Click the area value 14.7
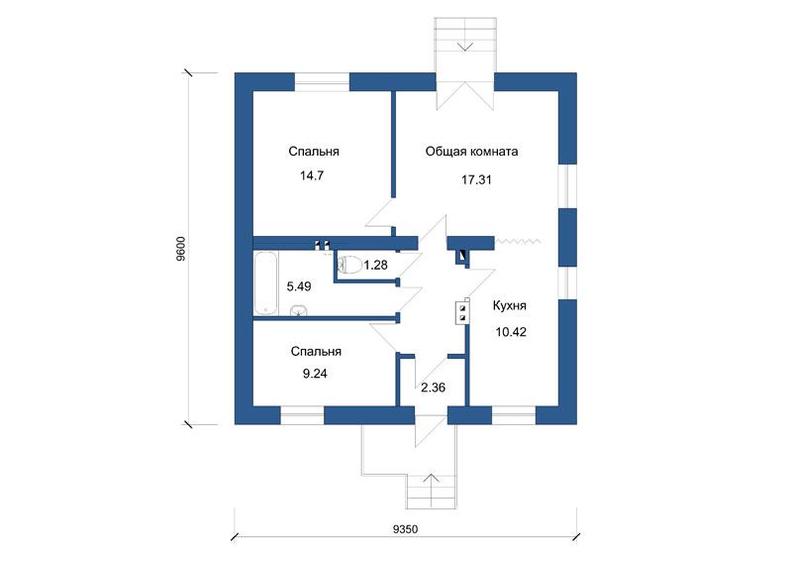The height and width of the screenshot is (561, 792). pyautogui.click(x=312, y=175)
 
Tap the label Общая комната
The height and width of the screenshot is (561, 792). pyautogui.click(x=471, y=152)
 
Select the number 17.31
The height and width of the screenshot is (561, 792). pyautogui.click(x=476, y=179)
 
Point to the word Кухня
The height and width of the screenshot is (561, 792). pyautogui.click(x=510, y=305)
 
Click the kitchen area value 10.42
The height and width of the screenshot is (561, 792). pyautogui.click(x=511, y=332)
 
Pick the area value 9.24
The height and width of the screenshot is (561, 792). pyautogui.click(x=315, y=374)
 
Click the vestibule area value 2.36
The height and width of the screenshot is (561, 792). pyautogui.click(x=434, y=388)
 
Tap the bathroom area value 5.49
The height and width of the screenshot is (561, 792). pyautogui.click(x=299, y=286)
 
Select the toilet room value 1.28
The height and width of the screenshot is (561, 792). pyautogui.click(x=376, y=265)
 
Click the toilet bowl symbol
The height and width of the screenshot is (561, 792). pyautogui.click(x=349, y=265)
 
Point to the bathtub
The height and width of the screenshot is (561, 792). pyautogui.click(x=265, y=283)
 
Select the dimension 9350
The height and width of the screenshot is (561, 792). pyautogui.click(x=405, y=529)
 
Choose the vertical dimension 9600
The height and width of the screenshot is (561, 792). pyautogui.click(x=181, y=249)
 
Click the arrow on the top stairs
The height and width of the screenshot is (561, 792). pyautogui.click(x=464, y=47)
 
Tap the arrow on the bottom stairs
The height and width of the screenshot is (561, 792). pyautogui.click(x=431, y=478)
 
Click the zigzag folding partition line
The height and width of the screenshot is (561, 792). pyautogui.click(x=519, y=241)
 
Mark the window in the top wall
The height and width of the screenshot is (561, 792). pyautogui.click(x=322, y=82)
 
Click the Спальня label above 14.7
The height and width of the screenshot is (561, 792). pyautogui.click(x=314, y=152)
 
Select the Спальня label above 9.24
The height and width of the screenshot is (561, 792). pyautogui.click(x=316, y=352)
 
